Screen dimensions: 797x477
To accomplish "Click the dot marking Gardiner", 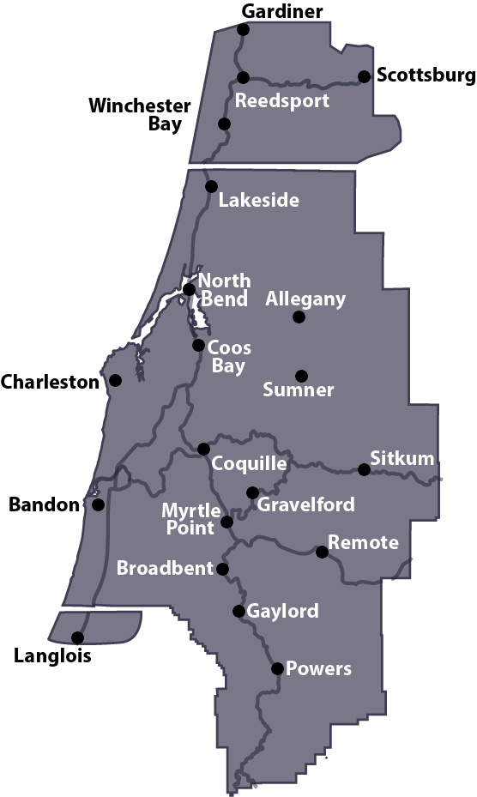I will (243, 29).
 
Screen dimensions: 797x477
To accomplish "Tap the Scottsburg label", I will (426, 75).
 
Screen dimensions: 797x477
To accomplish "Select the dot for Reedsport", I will (243, 77).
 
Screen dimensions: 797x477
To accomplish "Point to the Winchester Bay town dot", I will (224, 124).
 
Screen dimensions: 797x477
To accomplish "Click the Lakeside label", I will (258, 201).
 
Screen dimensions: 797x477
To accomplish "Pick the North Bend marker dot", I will (189, 289).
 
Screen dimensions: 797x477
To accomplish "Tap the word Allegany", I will (305, 299).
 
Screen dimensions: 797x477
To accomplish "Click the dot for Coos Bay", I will (198, 346).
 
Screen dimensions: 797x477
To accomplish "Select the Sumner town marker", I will (301, 376).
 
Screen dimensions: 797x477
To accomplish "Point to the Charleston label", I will (50, 383).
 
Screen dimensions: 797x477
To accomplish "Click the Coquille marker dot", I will (203, 449).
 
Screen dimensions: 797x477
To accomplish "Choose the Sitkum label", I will (402, 457).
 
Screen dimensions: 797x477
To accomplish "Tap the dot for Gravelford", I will (252, 492).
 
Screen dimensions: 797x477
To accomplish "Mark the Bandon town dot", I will (99, 504).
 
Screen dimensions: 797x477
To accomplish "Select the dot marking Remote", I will (322, 552).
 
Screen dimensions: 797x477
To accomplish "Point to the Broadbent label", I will (165, 568).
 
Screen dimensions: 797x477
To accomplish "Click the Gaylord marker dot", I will (238, 611).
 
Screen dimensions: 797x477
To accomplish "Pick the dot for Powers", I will (277, 668).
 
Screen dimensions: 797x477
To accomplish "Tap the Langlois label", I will (52, 657).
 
